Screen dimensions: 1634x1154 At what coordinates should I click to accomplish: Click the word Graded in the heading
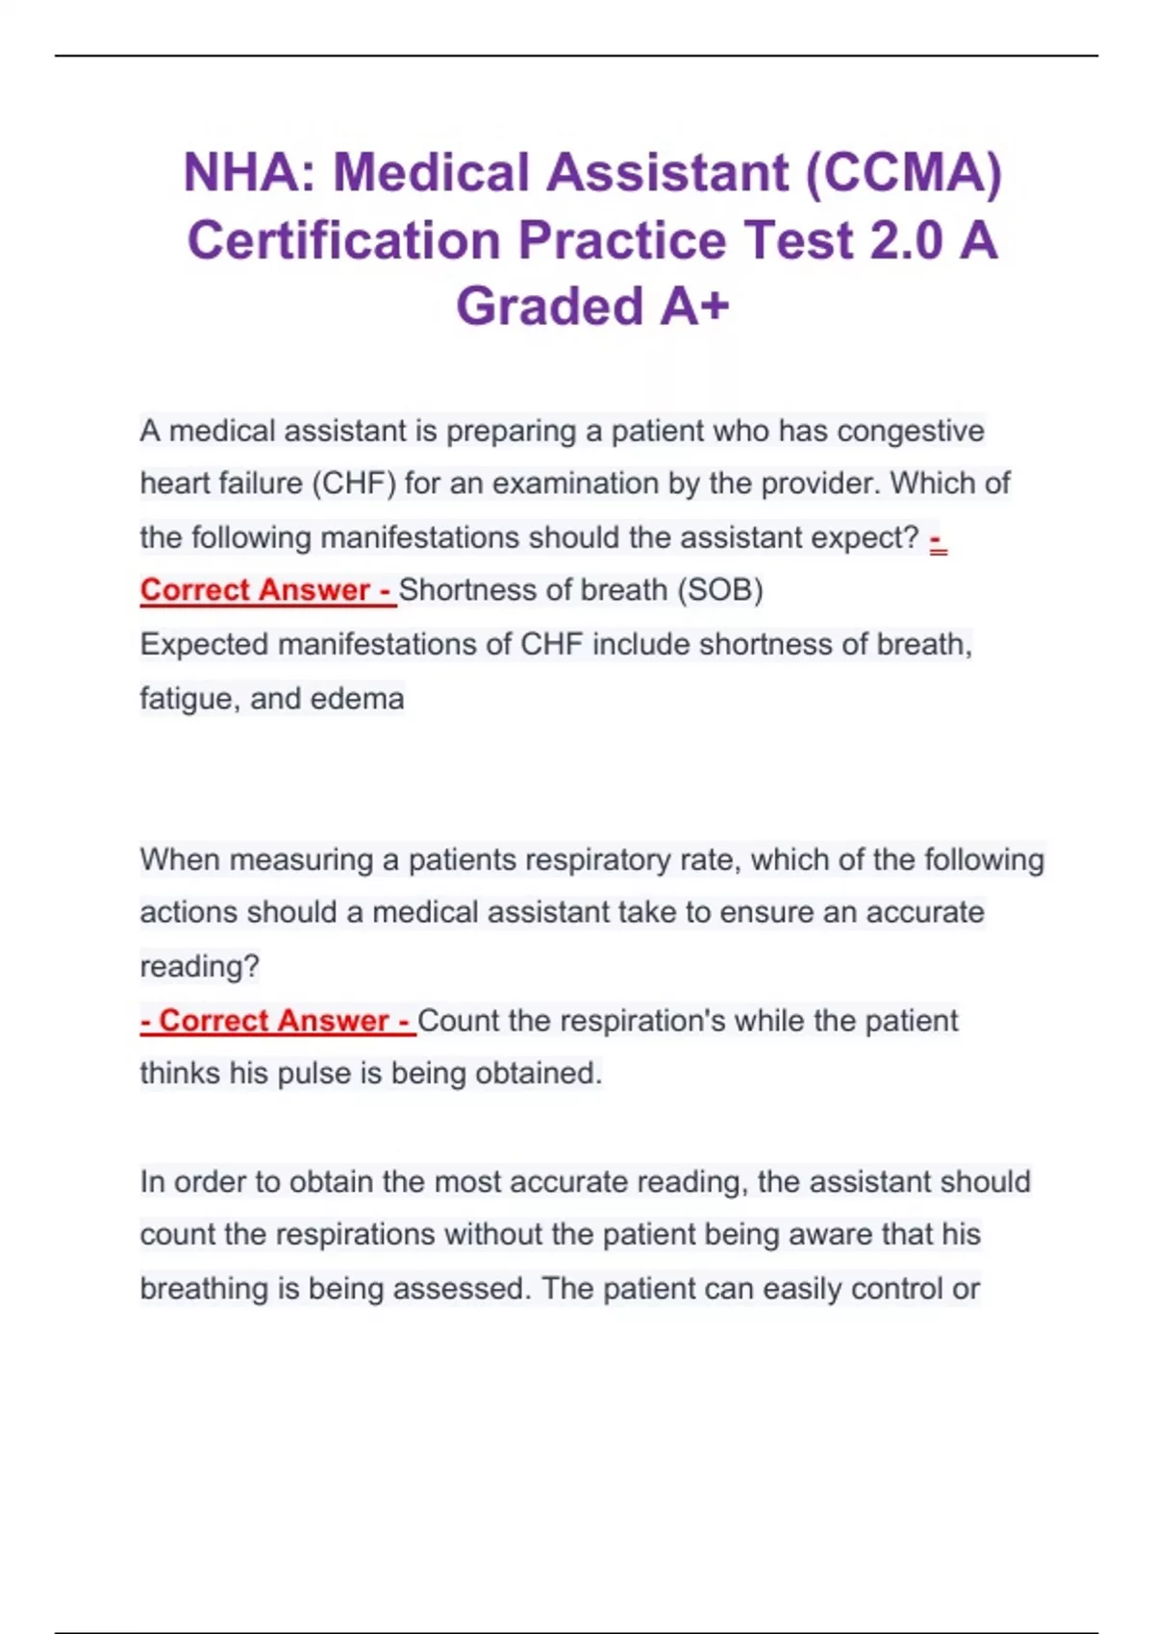[x=549, y=307]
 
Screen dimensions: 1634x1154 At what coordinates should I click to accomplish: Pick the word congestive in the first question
[x=911, y=431]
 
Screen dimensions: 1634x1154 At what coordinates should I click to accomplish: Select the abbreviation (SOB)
[x=720, y=590]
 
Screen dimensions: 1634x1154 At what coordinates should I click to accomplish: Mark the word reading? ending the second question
[x=200, y=967]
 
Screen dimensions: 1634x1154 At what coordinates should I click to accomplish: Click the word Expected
[x=204, y=644]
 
